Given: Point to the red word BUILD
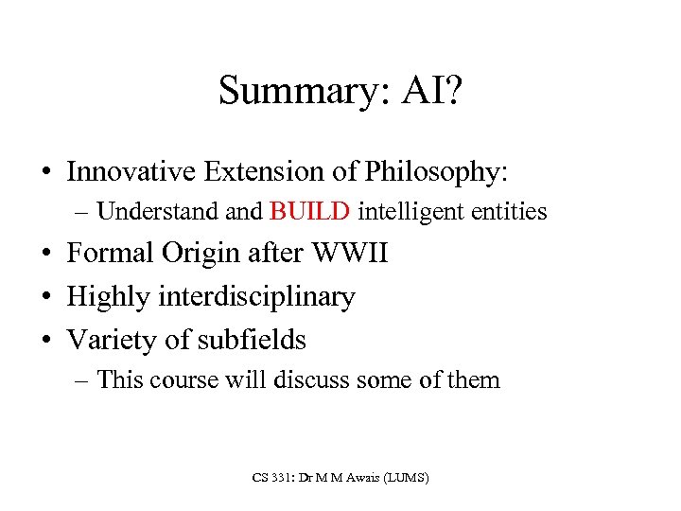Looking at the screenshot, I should pyautogui.click(x=310, y=211).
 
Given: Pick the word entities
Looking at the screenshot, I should pyautogui.click(x=507, y=211).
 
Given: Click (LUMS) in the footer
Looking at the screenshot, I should pyautogui.click(x=406, y=479).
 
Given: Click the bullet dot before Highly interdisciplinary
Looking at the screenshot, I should pyautogui.click(x=46, y=297).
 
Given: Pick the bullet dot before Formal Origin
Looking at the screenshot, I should pyautogui.click(x=46, y=255).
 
